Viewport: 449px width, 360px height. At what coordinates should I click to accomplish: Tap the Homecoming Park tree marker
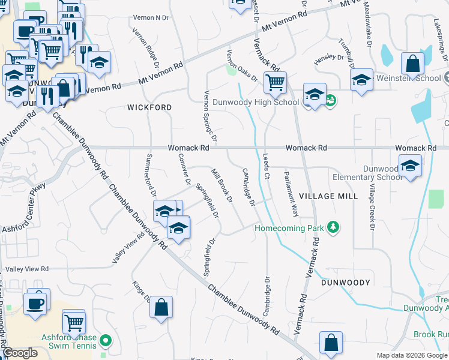pyautogui.click(x=333, y=228)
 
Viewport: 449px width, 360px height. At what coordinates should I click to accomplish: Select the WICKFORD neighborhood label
pyautogui.click(x=149, y=107)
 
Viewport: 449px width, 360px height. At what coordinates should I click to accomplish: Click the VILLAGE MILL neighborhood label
pyautogui.click(x=328, y=196)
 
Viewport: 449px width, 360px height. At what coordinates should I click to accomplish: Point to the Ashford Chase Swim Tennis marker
pyautogui.click(x=106, y=341)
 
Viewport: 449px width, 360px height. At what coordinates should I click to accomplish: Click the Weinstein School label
pyautogui.click(x=408, y=78)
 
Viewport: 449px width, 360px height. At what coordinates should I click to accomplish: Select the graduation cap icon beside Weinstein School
pyautogui.click(x=361, y=79)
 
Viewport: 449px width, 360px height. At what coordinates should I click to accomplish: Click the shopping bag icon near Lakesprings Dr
pyautogui.click(x=413, y=63)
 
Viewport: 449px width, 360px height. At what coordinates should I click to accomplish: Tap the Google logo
pyautogui.click(x=20, y=353)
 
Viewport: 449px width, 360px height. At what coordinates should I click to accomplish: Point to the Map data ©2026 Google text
pyautogui.click(x=411, y=355)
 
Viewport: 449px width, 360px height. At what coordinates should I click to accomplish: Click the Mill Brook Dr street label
pyautogui.click(x=221, y=186)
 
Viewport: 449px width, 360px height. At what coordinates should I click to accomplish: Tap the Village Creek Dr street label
pyautogui.click(x=372, y=208)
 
